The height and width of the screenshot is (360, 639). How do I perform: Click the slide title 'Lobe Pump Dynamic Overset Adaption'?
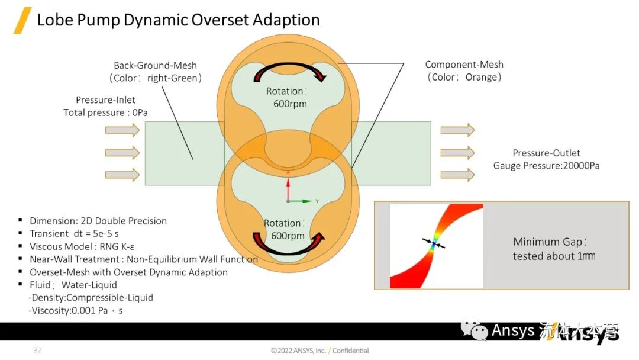pos(178,20)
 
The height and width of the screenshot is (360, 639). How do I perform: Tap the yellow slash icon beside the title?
pos(22,20)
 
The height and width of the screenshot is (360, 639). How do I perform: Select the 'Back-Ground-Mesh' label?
pos(155,65)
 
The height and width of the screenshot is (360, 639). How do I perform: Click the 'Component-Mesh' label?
pos(464,65)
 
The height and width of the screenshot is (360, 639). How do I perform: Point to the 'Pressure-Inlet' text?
pos(105,100)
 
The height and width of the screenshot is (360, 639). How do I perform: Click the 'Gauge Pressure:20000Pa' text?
pos(546,166)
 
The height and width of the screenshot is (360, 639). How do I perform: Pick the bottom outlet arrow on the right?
pos(457,175)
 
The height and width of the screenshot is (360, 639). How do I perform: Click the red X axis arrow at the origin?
pos(288,187)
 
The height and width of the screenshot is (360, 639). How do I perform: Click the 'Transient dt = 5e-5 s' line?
pos(74,233)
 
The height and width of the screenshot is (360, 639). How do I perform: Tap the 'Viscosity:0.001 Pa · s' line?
pos(75,310)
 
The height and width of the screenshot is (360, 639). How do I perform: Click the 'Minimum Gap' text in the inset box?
pos(550,242)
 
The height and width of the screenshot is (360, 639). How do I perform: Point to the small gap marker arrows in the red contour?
pos(434,243)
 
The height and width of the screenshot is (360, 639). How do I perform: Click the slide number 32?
pos(37,351)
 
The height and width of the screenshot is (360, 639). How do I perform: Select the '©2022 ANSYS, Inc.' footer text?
pos(298,351)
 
